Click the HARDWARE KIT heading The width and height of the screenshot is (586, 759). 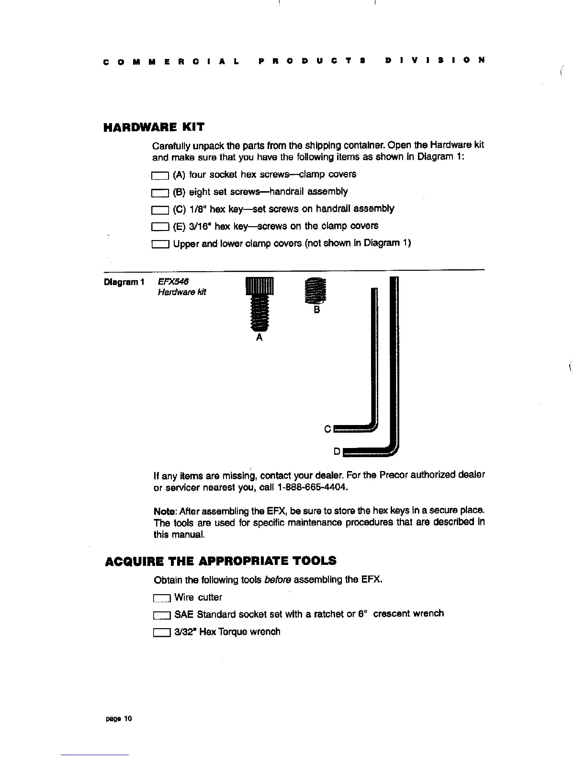pos(154,127)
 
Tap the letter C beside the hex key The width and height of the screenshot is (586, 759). pos(327,429)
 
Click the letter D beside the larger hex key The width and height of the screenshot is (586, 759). pos(337,451)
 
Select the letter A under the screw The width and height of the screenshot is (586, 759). pos(259,337)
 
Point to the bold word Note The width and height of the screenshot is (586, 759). pos(163,509)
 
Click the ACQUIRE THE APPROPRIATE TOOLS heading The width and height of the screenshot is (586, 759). pos(220,561)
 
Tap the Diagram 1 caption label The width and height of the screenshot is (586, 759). pos(124,282)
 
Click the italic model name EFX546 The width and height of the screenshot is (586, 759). pos(173,282)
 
